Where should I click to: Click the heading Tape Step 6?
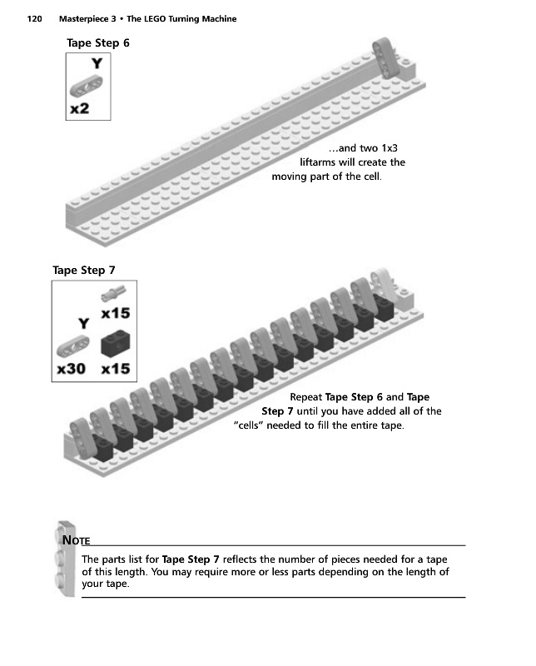click(97, 42)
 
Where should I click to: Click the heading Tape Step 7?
click(83, 270)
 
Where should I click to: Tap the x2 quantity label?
click(81, 109)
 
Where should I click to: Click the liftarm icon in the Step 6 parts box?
click(88, 85)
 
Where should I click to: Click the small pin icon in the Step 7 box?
click(114, 293)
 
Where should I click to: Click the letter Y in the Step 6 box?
click(97, 63)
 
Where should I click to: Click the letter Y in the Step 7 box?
click(83, 322)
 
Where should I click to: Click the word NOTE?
click(76, 540)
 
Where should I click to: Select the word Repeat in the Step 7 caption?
click(305, 396)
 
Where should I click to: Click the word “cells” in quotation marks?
click(253, 426)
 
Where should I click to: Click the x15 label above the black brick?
click(115, 315)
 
